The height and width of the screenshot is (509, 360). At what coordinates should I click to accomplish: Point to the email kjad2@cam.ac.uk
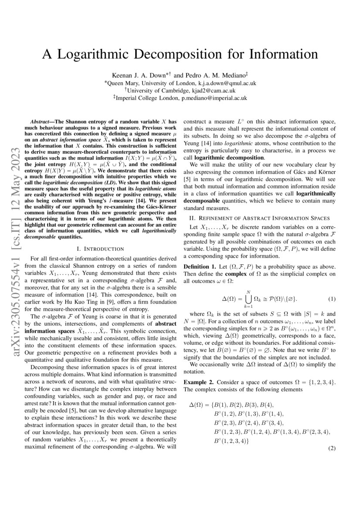(213, 91)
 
